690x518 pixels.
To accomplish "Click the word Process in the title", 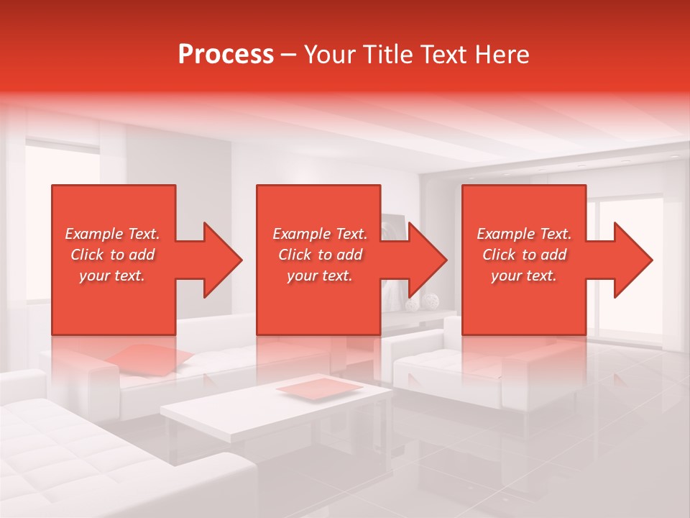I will point(226,55).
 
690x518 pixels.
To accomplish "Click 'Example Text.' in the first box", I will point(112,234).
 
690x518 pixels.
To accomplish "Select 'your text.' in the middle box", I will point(320,276).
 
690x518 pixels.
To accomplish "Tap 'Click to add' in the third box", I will point(524,255).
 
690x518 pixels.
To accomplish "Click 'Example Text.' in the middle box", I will point(320,234).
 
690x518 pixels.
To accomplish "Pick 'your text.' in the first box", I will point(112,276).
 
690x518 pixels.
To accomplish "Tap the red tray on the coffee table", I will point(320,387).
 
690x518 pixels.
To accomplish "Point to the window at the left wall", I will point(61,216).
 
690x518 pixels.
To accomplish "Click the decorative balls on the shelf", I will point(420,303).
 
